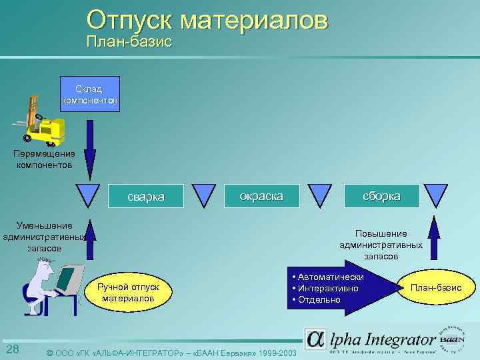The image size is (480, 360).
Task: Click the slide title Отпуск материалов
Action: coord(207,19)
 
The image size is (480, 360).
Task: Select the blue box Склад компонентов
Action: coord(90,95)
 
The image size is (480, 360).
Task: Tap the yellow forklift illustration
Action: coord(43,123)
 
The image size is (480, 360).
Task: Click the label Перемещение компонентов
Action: coord(45,159)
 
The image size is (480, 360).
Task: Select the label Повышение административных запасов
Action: coord(381,244)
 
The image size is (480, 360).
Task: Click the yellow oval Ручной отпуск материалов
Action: coord(128,292)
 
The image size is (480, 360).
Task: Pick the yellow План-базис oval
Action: coord(435,287)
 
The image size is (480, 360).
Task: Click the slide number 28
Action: coord(12,350)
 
